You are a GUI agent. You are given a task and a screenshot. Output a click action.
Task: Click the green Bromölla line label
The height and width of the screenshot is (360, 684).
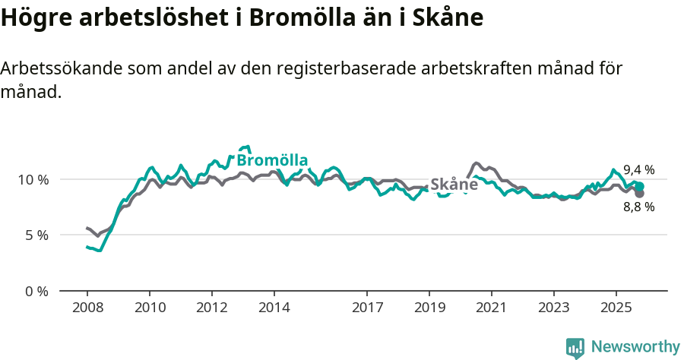point(272,160)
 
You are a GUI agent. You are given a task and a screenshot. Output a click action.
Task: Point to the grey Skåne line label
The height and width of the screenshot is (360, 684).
point(454,185)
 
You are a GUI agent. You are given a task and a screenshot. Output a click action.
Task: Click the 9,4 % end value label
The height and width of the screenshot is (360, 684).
point(638,170)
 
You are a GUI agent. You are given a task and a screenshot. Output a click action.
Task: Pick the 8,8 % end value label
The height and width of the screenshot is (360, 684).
point(638,207)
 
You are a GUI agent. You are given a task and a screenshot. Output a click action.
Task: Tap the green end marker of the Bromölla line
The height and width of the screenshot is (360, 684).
point(640,186)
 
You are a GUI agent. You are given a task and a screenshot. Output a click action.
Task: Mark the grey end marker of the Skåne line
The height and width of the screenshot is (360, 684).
point(640,194)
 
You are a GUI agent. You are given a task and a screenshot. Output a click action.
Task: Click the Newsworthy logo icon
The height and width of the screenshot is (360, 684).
point(575,348)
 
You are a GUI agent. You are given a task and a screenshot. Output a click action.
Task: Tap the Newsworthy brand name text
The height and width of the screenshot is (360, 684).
point(635,347)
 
